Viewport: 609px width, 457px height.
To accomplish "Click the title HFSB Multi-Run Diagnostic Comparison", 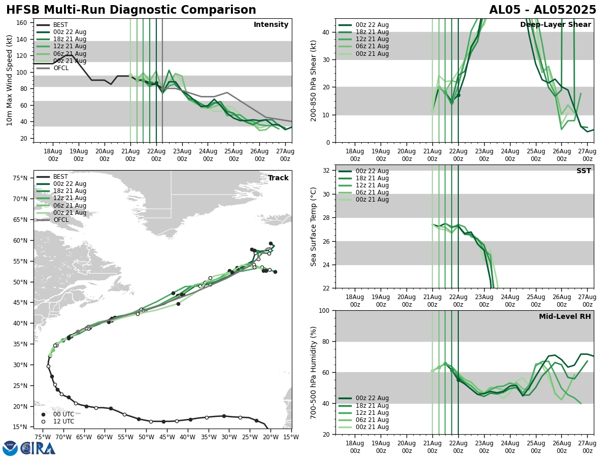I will click(131, 10).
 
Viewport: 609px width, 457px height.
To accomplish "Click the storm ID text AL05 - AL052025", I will click(543, 10).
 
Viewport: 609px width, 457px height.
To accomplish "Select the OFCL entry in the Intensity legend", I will click(61, 68).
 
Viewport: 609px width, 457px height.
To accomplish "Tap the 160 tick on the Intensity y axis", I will click(23, 23).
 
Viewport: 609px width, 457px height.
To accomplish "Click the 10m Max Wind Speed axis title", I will click(10, 80).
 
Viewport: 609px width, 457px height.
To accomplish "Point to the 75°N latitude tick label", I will click(20, 178).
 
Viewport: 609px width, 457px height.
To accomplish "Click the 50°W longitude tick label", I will click(146, 437).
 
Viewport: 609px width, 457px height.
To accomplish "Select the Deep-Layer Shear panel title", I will click(555, 25).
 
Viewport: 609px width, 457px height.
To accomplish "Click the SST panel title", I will click(584, 171).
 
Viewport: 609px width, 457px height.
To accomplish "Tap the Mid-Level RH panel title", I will click(565, 317).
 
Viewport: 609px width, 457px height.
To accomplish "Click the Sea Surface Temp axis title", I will click(314, 226).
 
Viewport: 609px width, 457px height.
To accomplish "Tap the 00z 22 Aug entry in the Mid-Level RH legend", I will click(373, 398).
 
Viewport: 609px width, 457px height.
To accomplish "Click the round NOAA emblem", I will click(10, 448).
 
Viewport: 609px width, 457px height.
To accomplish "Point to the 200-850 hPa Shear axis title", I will click(314, 80).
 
